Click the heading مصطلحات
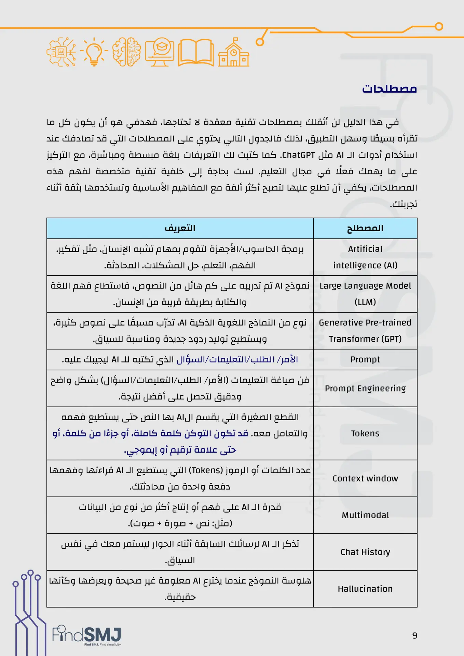[x=389, y=89]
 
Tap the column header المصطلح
[x=365, y=228]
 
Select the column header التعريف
[x=180, y=228]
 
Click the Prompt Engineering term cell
[x=365, y=388]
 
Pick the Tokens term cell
[x=365, y=434]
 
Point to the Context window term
[x=365, y=478]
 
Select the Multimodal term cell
[x=365, y=515]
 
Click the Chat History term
[x=365, y=552]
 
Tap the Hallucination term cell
[x=365, y=589]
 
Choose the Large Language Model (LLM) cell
[x=365, y=294]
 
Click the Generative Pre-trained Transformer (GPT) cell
[x=365, y=331]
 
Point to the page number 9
[x=414, y=635]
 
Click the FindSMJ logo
[x=87, y=635]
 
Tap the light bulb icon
[x=94, y=52]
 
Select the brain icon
[x=126, y=52]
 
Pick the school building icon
[x=234, y=53]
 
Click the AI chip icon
[x=62, y=52]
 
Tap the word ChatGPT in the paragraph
[x=298, y=155]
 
